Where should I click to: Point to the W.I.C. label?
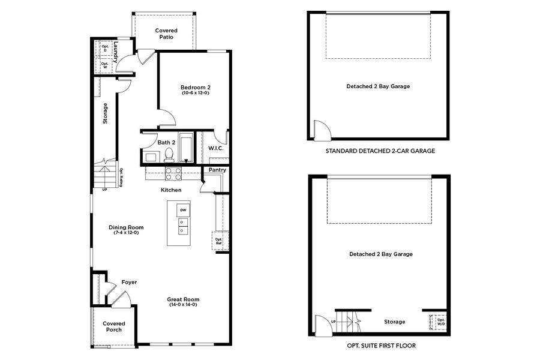coord(215,148)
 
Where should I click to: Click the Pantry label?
coord(217,170)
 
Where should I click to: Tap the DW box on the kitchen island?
coord(182,211)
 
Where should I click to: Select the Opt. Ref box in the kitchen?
coord(218,241)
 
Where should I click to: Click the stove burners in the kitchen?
coord(173,173)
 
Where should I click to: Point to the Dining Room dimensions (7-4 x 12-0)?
coord(126,233)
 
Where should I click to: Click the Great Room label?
coord(183,299)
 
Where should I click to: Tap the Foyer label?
coord(129,282)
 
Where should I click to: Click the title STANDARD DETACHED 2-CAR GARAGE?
coord(380,151)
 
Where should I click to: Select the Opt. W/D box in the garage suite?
coord(441,322)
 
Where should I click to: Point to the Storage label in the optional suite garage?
coord(394,322)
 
